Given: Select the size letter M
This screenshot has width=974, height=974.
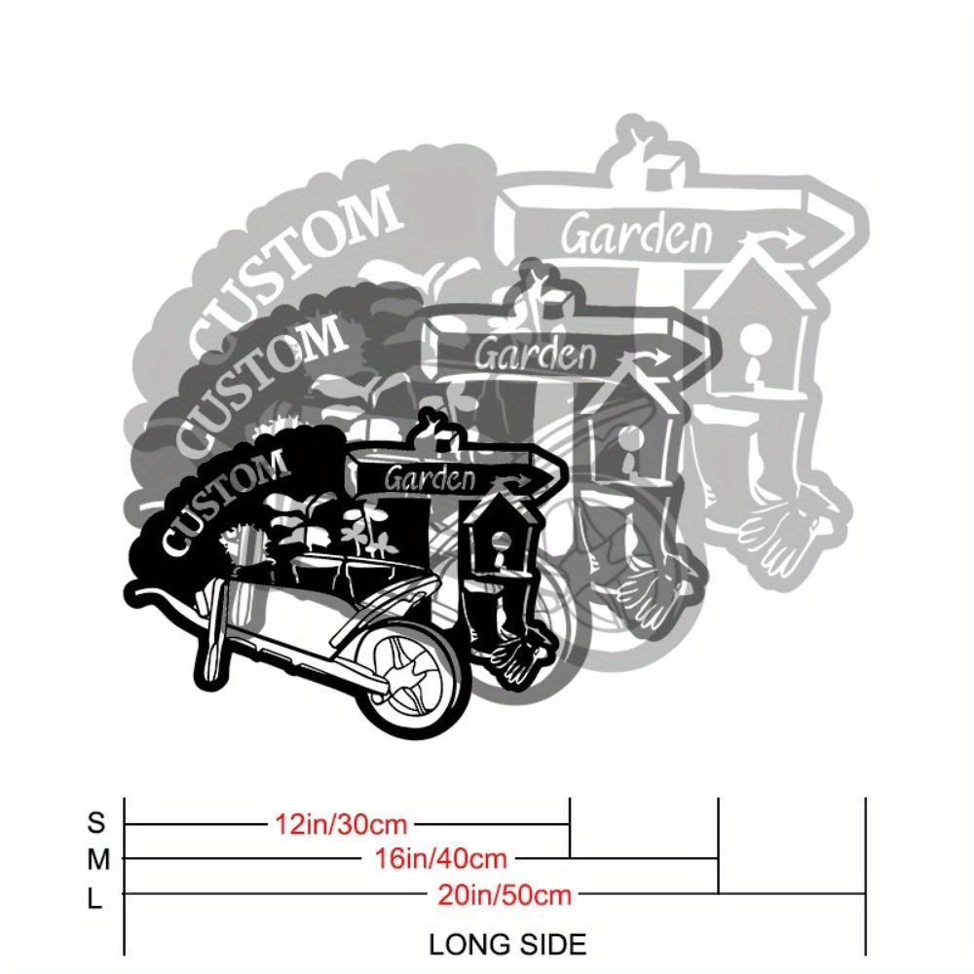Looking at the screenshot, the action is pyautogui.click(x=98, y=860).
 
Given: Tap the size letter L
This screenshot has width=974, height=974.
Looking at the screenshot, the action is pyautogui.click(x=94, y=898).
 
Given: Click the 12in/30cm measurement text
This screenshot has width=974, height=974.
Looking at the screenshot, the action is pyautogui.click(x=341, y=824).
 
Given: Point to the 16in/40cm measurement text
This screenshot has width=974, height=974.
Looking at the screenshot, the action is pyautogui.click(x=440, y=859).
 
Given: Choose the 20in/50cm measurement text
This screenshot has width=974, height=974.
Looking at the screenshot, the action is pyautogui.click(x=505, y=895).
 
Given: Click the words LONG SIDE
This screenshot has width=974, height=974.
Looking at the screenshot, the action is pyautogui.click(x=507, y=945).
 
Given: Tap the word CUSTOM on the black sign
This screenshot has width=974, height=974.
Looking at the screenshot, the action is pyautogui.click(x=225, y=501).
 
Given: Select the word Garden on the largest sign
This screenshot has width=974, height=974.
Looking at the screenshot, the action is pyautogui.click(x=637, y=234).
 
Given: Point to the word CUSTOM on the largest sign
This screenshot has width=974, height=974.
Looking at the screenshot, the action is pyautogui.click(x=292, y=272).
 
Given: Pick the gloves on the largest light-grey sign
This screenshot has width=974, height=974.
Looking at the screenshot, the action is pyautogui.click(x=783, y=534).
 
